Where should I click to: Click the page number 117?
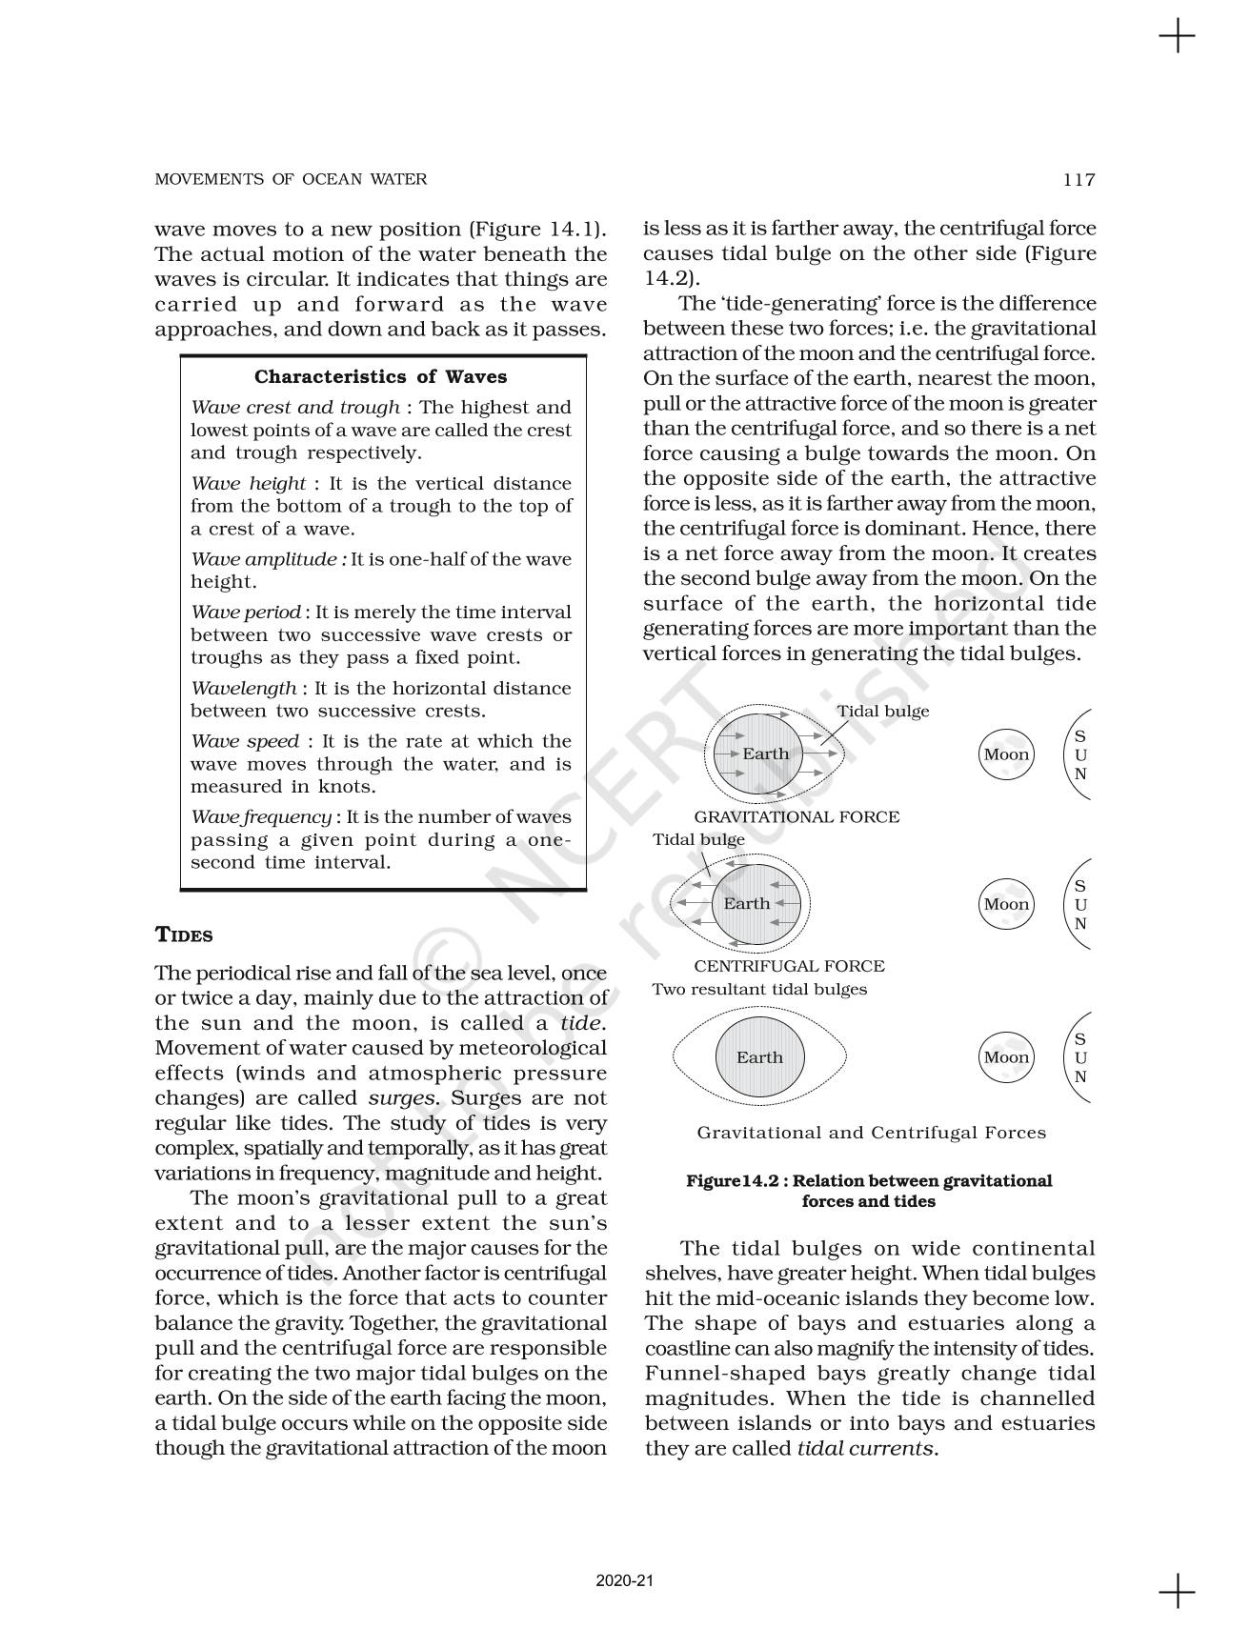point(1079,179)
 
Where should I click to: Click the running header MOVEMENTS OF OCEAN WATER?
point(291,179)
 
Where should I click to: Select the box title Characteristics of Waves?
point(380,377)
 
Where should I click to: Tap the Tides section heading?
point(184,935)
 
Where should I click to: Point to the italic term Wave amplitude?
point(268,559)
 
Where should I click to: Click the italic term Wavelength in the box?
point(244,688)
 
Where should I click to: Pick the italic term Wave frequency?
point(261,816)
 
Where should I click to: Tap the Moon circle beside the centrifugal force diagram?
point(1007,904)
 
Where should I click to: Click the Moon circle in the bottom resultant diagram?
point(1007,1056)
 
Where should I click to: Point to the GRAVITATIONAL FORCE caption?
point(796,816)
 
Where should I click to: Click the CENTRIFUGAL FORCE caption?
point(789,966)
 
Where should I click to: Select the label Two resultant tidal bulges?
point(759,989)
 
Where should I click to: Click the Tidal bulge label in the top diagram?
point(882,711)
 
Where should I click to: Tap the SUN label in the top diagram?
point(1080,754)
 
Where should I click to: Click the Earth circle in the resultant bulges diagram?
point(759,1056)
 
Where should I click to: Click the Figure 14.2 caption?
point(869,1191)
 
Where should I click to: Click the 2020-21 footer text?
point(625,1580)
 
